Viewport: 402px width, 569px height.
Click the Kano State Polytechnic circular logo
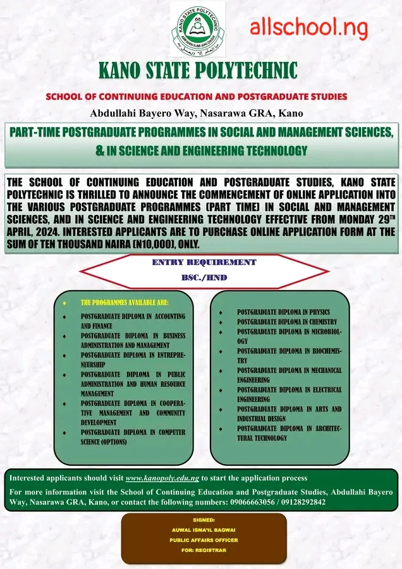click(201, 28)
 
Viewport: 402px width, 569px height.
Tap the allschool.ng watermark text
click(308, 27)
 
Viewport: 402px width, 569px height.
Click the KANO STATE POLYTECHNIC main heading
click(198, 70)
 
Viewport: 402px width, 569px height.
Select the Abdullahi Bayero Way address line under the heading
click(197, 114)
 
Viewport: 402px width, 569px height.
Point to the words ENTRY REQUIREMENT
click(204, 262)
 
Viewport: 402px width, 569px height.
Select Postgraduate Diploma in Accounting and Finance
click(133, 321)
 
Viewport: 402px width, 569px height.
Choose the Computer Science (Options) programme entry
click(133, 437)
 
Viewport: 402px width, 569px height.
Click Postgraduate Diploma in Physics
click(283, 312)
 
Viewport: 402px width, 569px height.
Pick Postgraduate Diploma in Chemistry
click(287, 322)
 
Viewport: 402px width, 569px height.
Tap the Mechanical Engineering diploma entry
click(289, 375)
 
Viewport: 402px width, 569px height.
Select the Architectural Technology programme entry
click(289, 433)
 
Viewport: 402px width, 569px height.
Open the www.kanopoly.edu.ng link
click(162, 478)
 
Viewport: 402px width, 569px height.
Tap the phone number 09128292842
click(303, 502)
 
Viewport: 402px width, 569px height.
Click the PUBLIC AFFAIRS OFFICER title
click(204, 541)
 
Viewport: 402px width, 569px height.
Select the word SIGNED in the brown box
click(204, 519)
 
